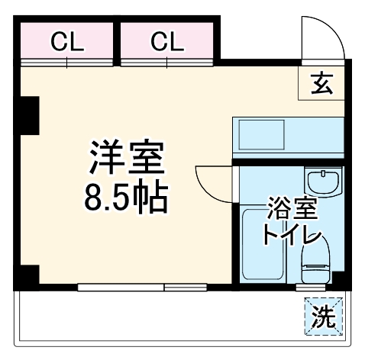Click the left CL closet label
point(67,41)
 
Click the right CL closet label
point(167,41)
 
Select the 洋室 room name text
point(125,159)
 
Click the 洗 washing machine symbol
point(324,315)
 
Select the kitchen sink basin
point(260,136)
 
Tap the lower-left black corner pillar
point(28,276)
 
